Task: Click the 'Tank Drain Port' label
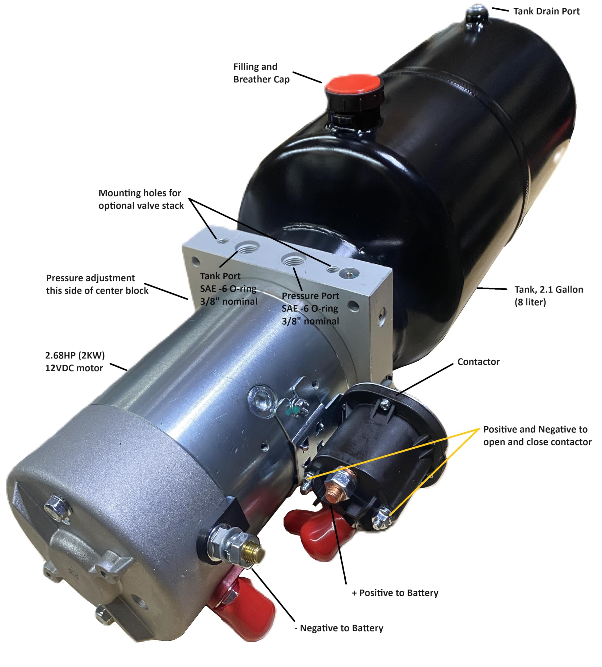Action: tap(546, 11)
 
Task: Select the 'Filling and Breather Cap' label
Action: tap(261, 73)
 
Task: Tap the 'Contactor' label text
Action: tap(478, 362)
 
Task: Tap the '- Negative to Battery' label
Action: tap(339, 628)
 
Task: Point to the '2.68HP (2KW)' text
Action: tap(75, 355)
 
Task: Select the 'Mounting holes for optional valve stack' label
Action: tap(141, 199)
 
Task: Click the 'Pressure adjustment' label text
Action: tap(90, 278)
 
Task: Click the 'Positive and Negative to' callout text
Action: tap(535, 429)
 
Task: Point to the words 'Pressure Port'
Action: tap(310, 296)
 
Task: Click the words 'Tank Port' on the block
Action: tap(220, 276)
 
